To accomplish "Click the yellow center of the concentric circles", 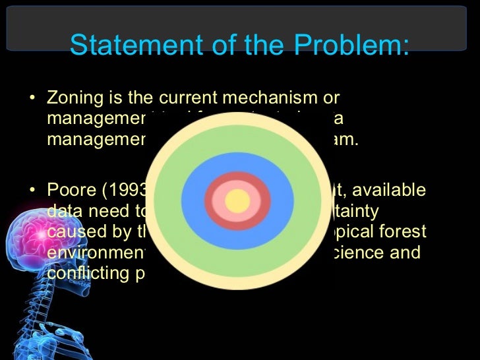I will pos(237,200).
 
